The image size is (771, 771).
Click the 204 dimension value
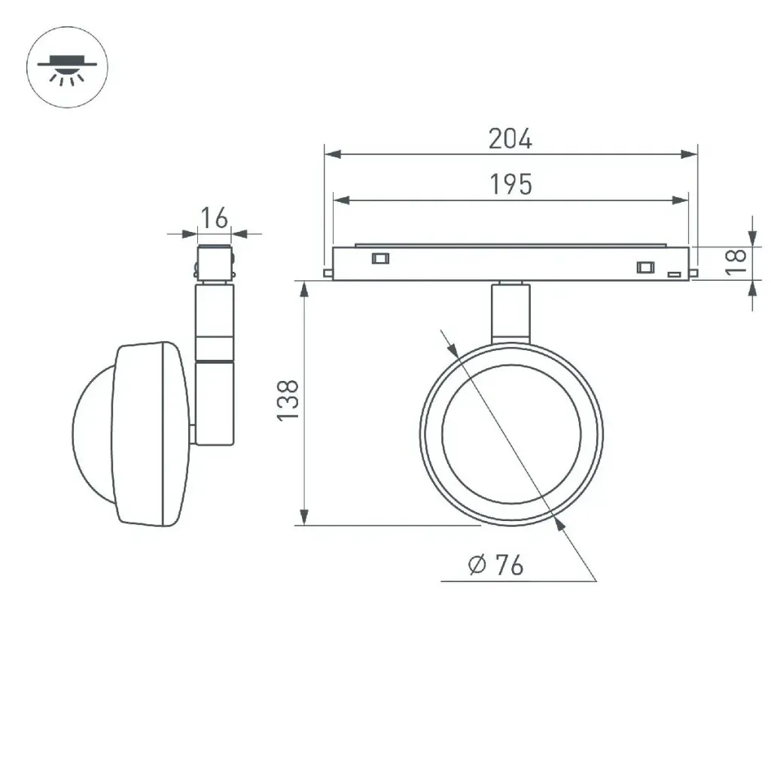point(510,139)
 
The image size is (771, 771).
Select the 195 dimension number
point(511,184)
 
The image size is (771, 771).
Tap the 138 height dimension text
point(288,401)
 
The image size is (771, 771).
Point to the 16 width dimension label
point(215,218)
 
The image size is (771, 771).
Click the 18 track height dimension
point(736,261)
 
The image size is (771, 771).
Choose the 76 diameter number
point(509,565)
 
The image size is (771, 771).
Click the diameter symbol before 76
point(477,565)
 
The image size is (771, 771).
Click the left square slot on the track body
point(380,258)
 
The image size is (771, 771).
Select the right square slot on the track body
point(645,267)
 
